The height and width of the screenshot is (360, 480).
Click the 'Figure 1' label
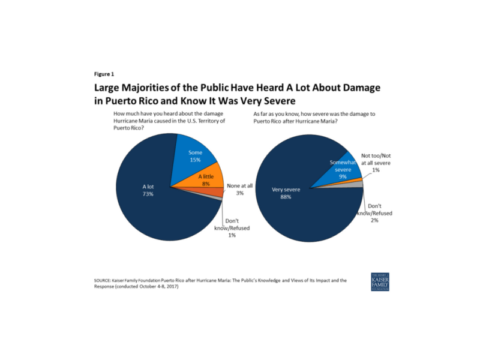point(104,74)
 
